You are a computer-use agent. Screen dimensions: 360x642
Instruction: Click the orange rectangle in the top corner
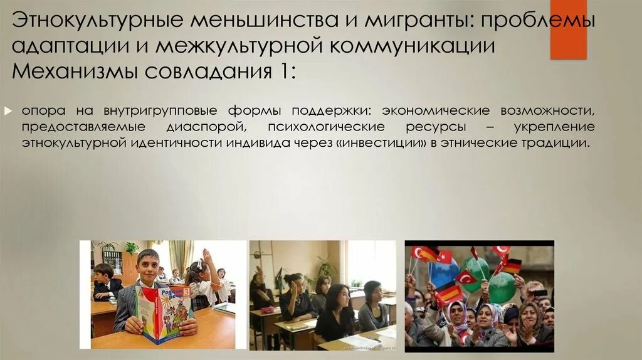click(568, 29)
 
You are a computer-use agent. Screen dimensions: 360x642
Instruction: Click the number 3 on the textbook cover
click(186, 292)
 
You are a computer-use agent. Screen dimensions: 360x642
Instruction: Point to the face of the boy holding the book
click(149, 266)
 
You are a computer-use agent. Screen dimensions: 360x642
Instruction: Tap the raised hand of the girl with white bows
click(206, 256)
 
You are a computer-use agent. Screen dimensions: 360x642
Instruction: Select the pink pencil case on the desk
click(268, 310)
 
